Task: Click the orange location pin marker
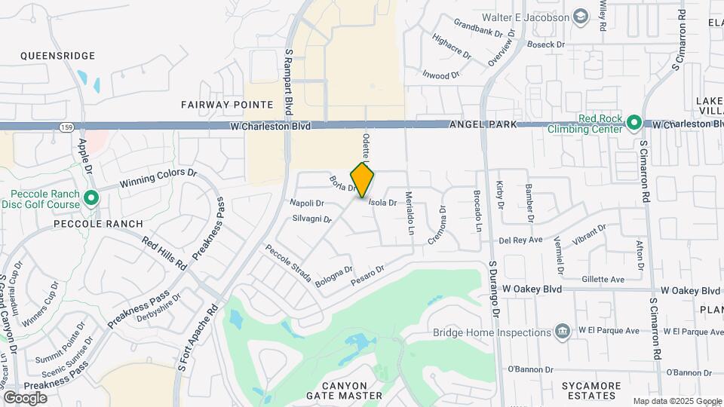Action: [363, 180]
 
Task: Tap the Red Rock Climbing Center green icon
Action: [634, 123]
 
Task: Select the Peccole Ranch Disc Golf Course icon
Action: [91, 199]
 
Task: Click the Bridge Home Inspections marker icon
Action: [562, 332]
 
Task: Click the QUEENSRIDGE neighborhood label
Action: [57, 56]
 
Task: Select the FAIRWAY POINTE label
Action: [216, 104]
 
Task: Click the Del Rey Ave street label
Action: [521, 240]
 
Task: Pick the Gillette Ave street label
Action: [603, 279]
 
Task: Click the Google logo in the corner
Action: [25, 397]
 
